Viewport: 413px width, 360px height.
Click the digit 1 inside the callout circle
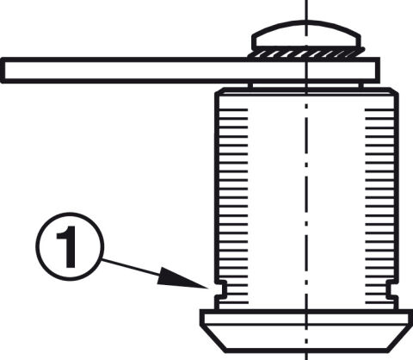tap(67, 246)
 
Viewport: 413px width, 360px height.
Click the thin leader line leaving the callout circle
tap(131, 268)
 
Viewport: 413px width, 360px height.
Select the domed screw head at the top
tap(306, 34)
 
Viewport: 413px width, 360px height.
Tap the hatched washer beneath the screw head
tap(306, 53)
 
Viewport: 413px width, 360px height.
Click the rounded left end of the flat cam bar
tap(3, 71)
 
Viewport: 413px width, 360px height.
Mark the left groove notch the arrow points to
tap(220, 289)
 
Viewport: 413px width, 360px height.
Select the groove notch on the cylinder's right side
tap(391, 289)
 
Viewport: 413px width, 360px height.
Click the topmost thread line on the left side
tap(233, 109)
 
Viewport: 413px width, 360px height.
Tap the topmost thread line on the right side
tap(379, 109)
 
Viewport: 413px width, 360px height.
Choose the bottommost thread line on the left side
tap(233, 302)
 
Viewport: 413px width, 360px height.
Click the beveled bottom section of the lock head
tap(306, 338)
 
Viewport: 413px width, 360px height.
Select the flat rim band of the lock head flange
tap(306, 318)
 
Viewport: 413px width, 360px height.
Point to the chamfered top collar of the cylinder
tap(306, 91)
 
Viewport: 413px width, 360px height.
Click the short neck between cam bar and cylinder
tap(306, 85)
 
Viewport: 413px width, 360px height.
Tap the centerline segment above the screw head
tap(306, 10)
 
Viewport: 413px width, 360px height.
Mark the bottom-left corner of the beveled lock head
tap(225, 351)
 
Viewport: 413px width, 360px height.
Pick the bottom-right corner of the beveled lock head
tap(388, 351)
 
